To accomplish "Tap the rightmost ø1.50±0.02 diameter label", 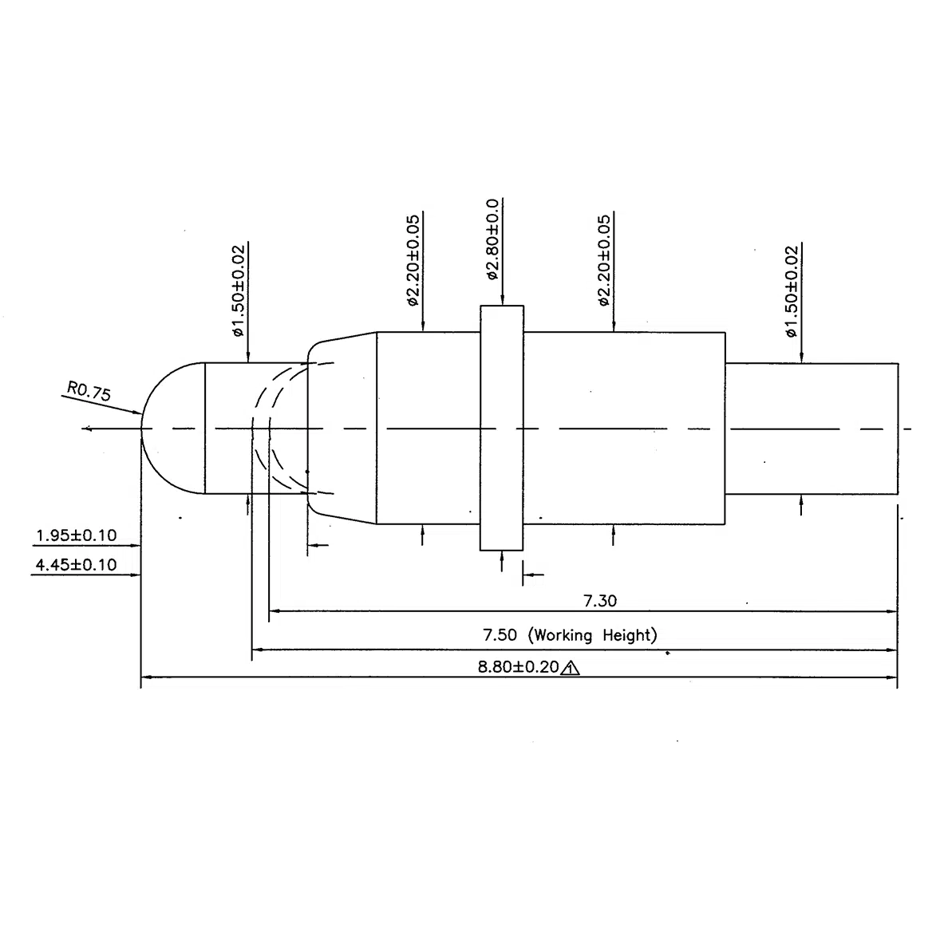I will coord(791,290).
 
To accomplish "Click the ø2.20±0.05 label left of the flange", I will coord(413,260).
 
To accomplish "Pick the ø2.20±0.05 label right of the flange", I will coord(604,260).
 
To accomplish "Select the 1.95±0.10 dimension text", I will coord(77,535).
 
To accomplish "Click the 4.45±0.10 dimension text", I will coord(77,565).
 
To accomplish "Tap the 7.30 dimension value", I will coord(600,600).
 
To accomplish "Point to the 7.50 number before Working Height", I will coord(501,635).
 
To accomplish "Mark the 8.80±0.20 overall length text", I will coord(518,668).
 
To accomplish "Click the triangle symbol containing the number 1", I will coord(571,669).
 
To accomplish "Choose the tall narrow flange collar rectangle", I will coord(502,428).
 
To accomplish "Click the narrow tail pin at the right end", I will coord(812,429).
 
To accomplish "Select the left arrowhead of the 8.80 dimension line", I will coord(146,679).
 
